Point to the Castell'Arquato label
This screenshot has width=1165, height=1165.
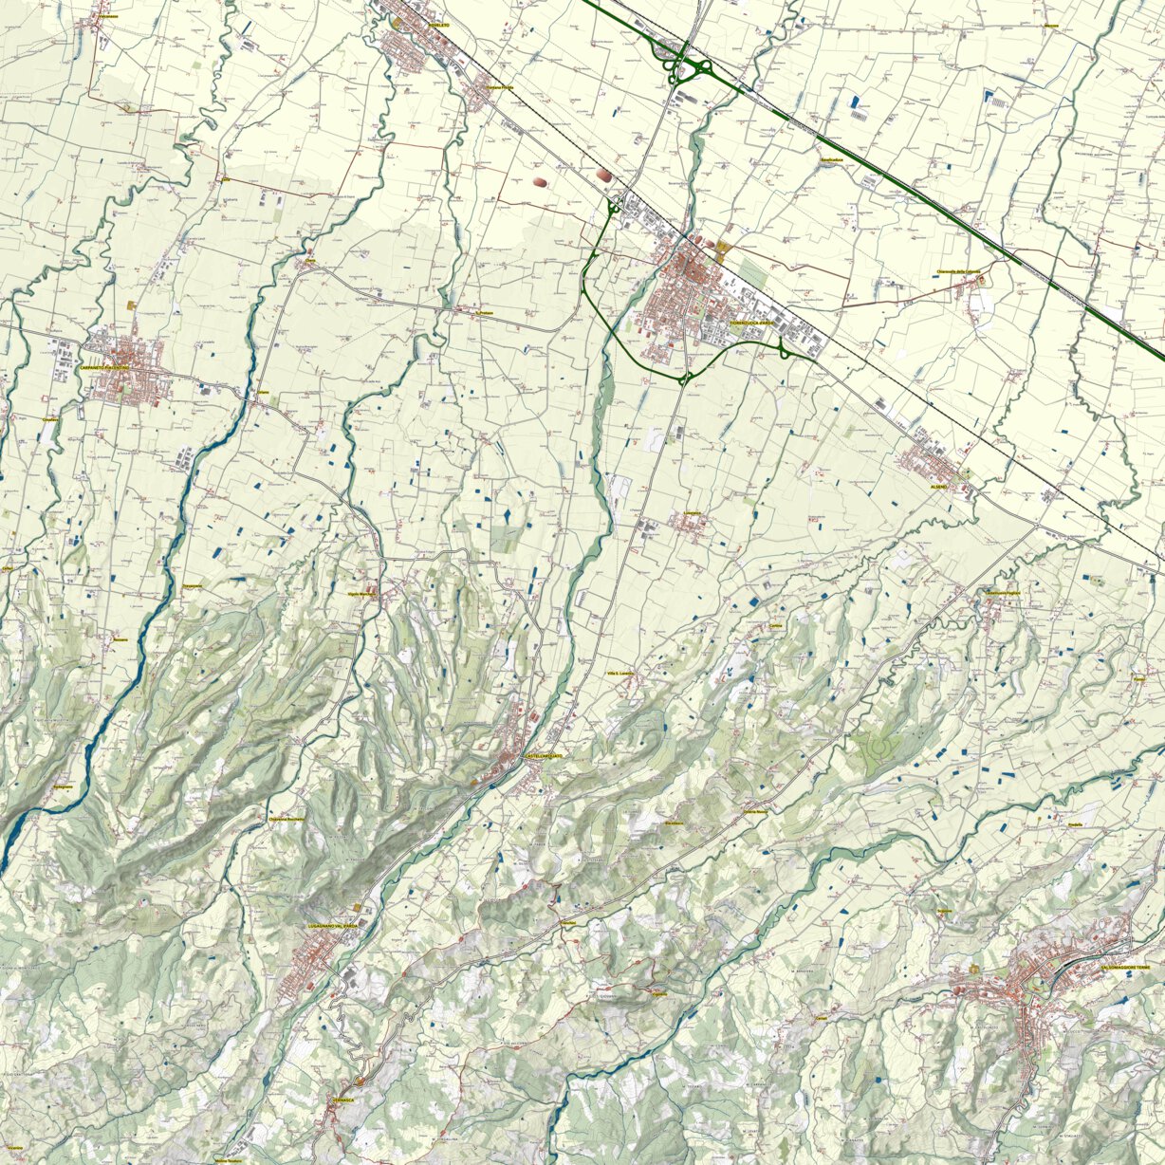pyautogui.click(x=544, y=755)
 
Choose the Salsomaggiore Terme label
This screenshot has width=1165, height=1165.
pyautogui.click(x=1131, y=966)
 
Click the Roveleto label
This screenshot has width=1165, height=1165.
pyautogui.click(x=438, y=27)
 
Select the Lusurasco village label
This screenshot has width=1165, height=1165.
pyautogui.click(x=693, y=513)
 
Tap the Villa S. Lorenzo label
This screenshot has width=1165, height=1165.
pyautogui.click(x=619, y=673)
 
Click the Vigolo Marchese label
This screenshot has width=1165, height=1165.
pyautogui.click(x=362, y=593)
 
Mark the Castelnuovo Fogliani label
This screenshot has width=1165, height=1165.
pyautogui.click(x=1006, y=593)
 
